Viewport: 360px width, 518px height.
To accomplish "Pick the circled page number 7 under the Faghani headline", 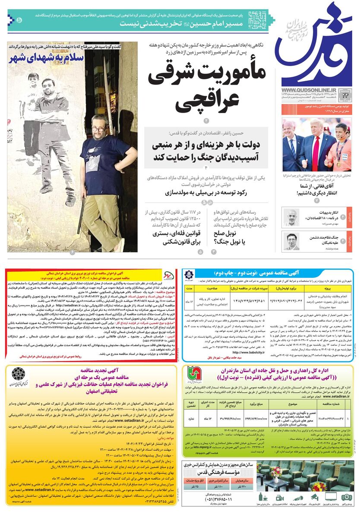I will (x=317, y=201).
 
